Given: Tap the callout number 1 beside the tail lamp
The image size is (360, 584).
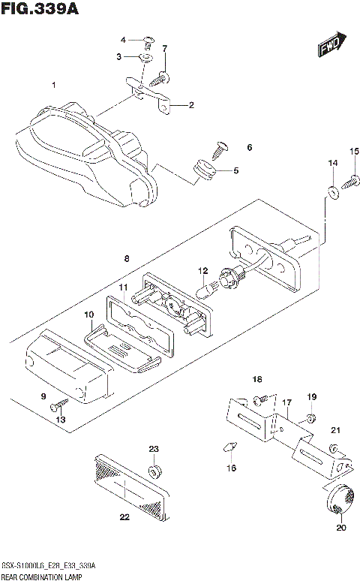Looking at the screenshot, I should pos(54,84).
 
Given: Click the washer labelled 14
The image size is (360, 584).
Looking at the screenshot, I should pos(331,191).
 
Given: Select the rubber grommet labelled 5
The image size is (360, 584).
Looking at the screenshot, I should pos(203,171).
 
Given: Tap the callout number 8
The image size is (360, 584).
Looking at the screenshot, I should pos(127,258).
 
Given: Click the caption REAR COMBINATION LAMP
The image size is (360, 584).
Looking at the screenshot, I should pos(40,577).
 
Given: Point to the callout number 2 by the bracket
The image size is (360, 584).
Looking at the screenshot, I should pos(191,105).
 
